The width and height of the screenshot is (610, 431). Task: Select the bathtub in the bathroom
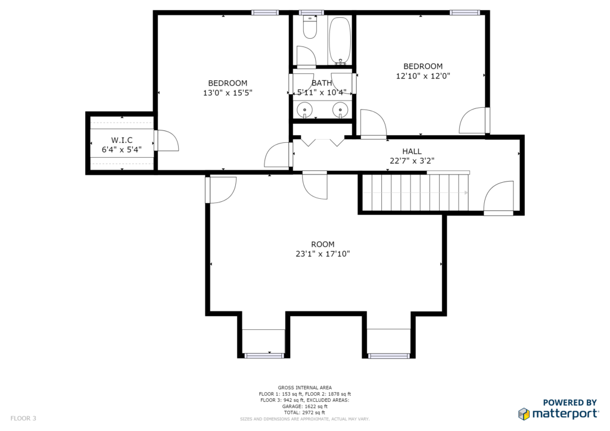(x=340, y=41)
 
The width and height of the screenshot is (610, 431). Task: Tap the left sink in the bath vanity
(x=304, y=110)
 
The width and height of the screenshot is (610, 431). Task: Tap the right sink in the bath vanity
(x=340, y=110)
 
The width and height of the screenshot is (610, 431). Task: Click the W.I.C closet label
(x=122, y=140)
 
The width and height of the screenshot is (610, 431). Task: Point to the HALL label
(x=412, y=151)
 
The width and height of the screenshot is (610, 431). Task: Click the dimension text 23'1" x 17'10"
(x=323, y=254)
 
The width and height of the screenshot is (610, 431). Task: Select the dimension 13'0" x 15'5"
(x=228, y=92)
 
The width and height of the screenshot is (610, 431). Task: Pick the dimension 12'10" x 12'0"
(x=423, y=76)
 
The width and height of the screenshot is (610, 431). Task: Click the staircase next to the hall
(x=415, y=192)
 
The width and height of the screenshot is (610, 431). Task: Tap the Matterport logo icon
(x=524, y=414)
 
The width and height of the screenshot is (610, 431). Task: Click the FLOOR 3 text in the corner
(x=23, y=418)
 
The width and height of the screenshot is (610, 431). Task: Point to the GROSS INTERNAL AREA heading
(x=304, y=388)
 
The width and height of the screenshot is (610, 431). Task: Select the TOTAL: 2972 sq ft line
(x=304, y=413)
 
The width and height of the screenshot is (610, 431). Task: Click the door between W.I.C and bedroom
(x=166, y=140)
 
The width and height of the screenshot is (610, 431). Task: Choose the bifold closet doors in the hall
(x=322, y=142)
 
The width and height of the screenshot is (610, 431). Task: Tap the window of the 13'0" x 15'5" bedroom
(x=265, y=13)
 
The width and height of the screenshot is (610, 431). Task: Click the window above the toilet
(x=311, y=13)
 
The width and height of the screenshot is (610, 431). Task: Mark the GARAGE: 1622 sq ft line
(x=304, y=406)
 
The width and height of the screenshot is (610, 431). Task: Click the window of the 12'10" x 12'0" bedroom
(x=465, y=13)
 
